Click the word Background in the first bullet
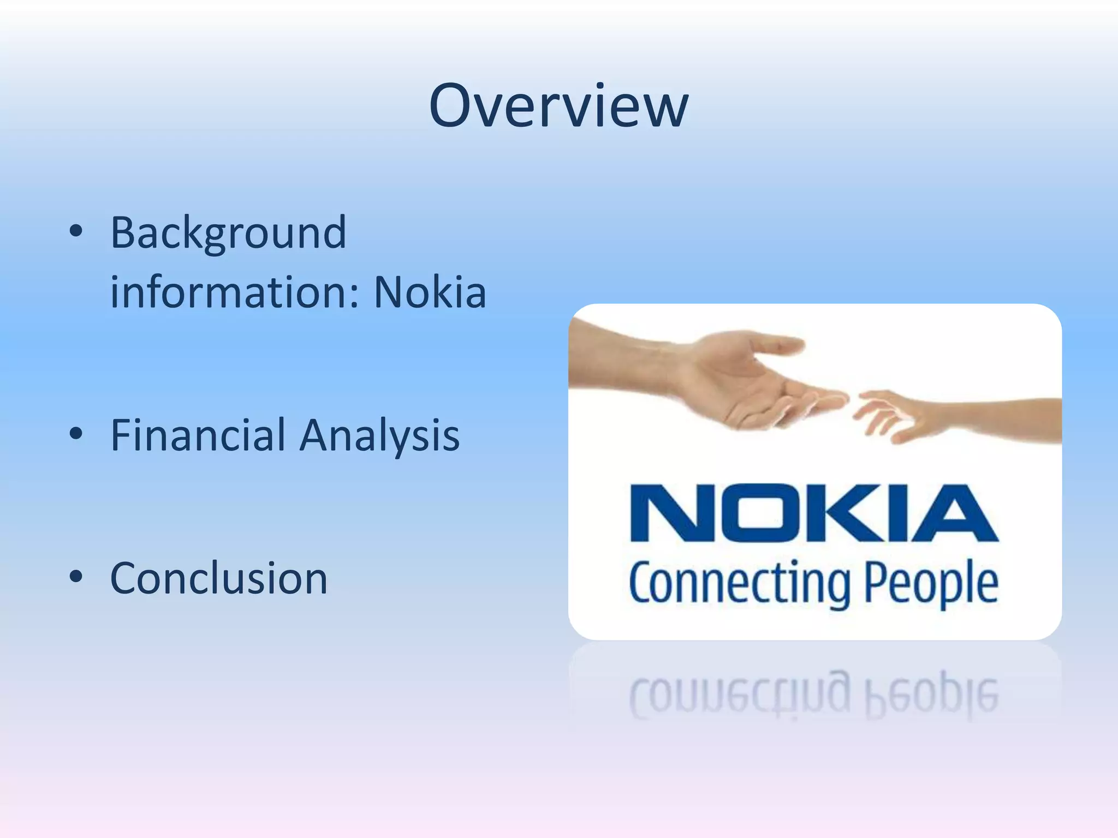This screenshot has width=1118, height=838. tap(228, 234)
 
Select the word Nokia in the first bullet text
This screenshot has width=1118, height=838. tap(430, 292)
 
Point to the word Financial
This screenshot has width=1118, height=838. tap(198, 435)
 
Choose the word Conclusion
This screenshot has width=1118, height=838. tap(219, 578)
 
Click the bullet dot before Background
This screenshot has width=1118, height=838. tap(76, 232)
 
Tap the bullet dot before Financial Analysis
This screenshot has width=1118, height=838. tap(76, 434)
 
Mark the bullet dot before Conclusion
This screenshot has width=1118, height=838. tap(76, 577)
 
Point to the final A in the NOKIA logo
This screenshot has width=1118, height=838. tap(953, 513)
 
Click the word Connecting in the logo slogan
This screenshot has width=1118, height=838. tap(740, 584)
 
